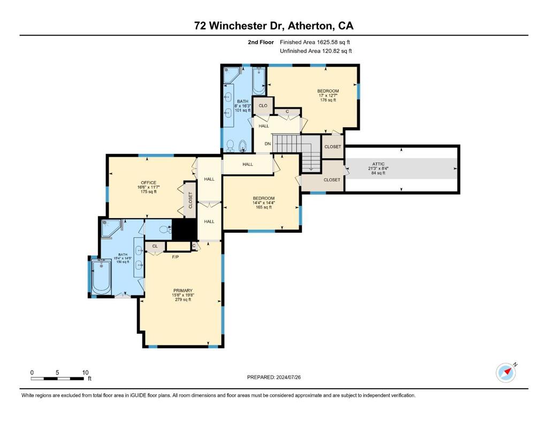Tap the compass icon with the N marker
click(x=505, y=373)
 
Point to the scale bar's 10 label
click(x=85, y=372)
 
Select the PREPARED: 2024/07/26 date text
click(x=277, y=377)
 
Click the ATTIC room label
click(x=378, y=164)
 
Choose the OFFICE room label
click(x=148, y=183)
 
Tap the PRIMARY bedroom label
click(x=182, y=291)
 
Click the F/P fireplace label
click(x=175, y=257)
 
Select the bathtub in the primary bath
click(x=101, y=276)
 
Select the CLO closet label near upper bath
click(x=263, y=106)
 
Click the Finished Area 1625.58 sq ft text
click(x=315, y=42)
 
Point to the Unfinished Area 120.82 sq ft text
click(x=316, y=51)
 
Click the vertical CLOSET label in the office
click(x=190, y=200)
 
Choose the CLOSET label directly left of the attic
click(x=332, y=180)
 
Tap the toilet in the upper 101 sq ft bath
click(x=230, y=145)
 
